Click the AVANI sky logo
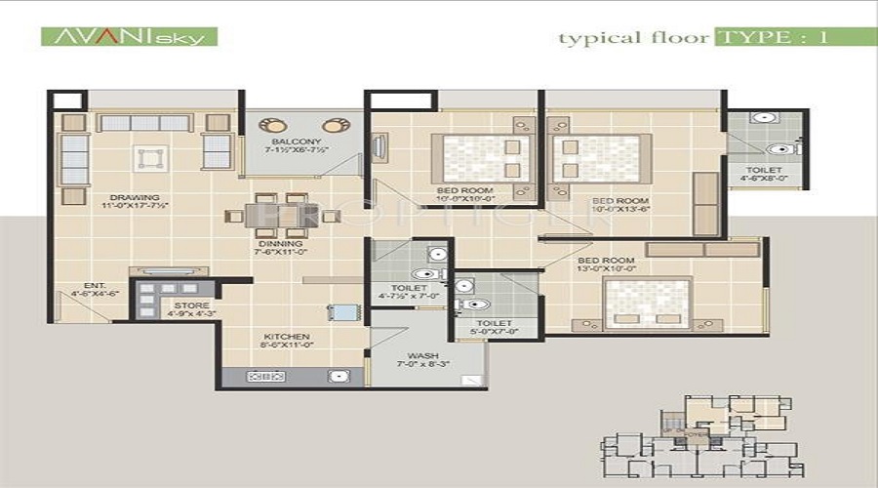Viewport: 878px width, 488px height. (129, 37)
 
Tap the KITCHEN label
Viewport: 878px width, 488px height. (285, 338)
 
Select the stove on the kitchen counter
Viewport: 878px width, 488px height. (266, 375)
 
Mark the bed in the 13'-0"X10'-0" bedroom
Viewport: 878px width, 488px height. (647, 304)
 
